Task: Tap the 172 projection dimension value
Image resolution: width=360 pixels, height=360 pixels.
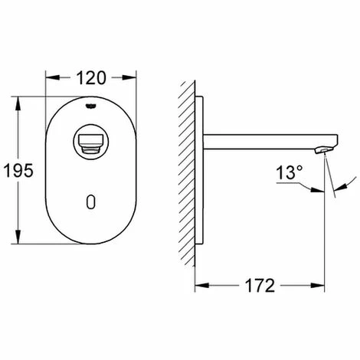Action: (260, 286)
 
